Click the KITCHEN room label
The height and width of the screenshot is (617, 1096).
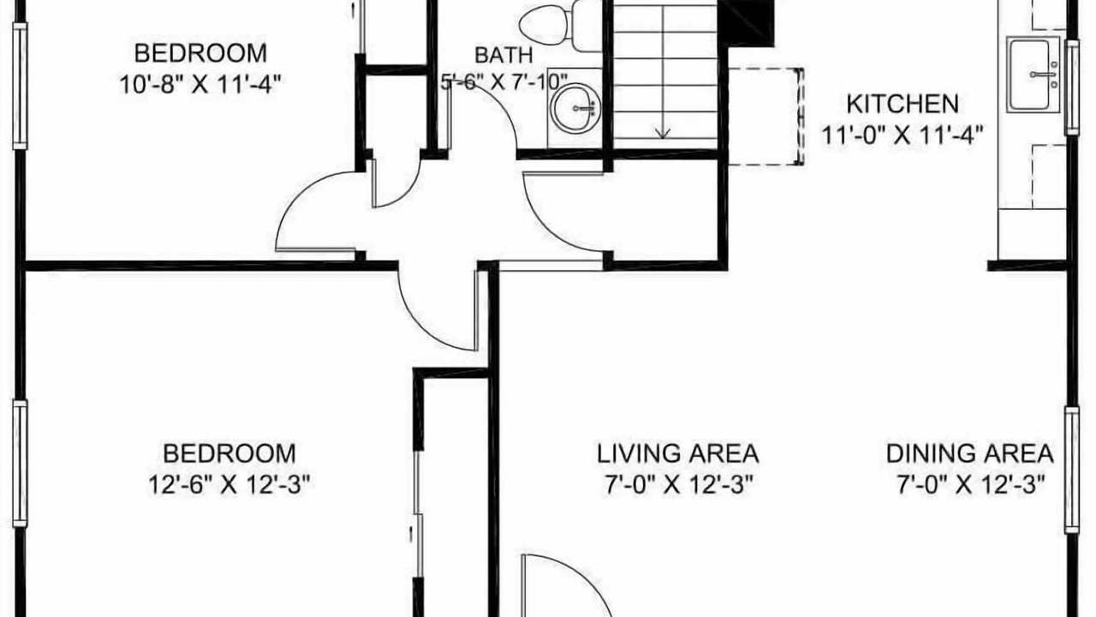click(x=902, y=104)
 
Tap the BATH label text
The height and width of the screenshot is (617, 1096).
click(x=504, y=55)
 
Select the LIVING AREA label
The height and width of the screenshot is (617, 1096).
click(x=677, y=453)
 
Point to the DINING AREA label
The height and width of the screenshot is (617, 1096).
click(x=970, y=453)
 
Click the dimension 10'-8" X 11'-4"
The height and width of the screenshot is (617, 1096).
click(x=200, y=85)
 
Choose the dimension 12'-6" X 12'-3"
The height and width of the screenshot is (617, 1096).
click(x=229, y=485)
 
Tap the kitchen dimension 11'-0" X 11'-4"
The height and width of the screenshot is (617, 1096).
click(x=902, y=135)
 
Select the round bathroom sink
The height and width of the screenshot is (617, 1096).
click(x=575, y=108)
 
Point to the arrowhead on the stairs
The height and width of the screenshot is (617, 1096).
click(x=663, y=133)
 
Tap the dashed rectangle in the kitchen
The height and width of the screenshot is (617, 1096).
click(x=765, y=117)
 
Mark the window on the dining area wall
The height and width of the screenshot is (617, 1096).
click(x=1072, y=470)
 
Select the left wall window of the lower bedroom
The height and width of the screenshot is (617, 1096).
click(x=20, y=464)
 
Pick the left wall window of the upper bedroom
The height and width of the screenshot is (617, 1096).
click(x=20, y=86)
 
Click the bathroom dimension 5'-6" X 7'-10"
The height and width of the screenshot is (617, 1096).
click(x=504, y=81)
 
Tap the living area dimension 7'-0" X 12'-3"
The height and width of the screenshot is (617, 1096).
click(x=677, y=485)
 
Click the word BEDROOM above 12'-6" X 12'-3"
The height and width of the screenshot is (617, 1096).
click(x=229, y=453)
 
